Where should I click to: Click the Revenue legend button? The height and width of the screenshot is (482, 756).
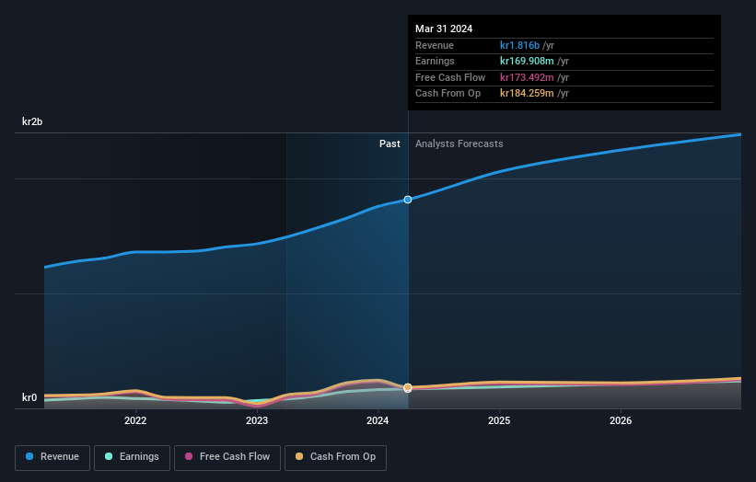tap(52, 457)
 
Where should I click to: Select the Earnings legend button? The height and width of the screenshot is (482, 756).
tap(132, 457)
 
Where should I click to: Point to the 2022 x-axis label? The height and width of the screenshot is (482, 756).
tap(135, 421)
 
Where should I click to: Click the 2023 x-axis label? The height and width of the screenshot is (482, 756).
tap(257, 421)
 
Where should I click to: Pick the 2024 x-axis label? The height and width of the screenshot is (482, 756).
tap(378, 421)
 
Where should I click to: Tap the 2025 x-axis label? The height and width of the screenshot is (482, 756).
tap(499, 421)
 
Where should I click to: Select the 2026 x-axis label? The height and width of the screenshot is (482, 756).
tap(621, 421)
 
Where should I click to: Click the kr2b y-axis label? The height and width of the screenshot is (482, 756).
tap(33, 121)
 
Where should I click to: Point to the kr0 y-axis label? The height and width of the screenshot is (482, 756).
tap(30, 398)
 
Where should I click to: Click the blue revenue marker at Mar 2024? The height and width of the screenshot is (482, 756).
tap(408, 200)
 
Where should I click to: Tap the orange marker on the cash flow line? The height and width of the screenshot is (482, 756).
tap(408, 387)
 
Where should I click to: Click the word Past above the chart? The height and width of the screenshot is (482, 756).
tap(390, 143)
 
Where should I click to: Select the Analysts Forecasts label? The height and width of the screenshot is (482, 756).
tap(459, 143)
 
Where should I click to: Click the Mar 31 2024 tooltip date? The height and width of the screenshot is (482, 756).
tap(444, 29)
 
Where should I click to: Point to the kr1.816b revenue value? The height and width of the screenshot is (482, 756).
tap(521, 45)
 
